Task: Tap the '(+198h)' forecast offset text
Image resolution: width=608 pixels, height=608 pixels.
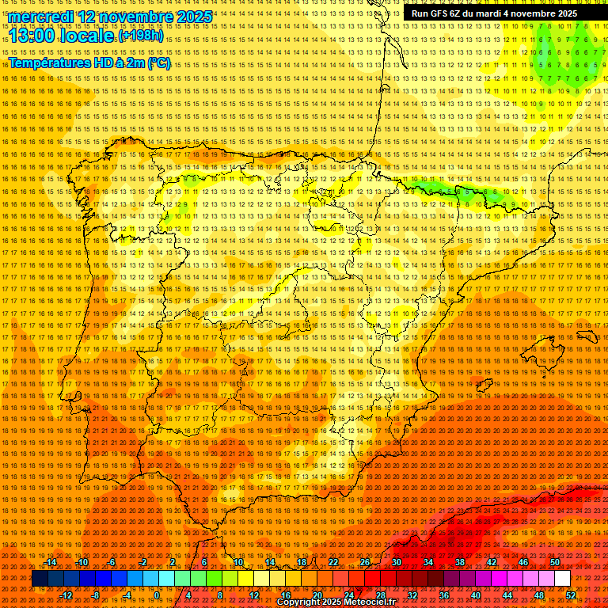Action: pyautogui.click(x=140, y=36)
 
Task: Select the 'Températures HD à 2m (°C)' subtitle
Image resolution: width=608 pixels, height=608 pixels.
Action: pyautogui.click(x=89, y=63)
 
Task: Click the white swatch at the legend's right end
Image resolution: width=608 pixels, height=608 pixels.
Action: pyautogui.click(x=562, y=579)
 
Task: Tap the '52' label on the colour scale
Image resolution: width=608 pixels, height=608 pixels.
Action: pyautogui.click(x=571, y=595)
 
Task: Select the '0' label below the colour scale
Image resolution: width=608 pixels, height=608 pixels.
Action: pyautogui.click(x=157, y=595)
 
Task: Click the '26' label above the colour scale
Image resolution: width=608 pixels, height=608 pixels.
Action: pyautogui.click(x=365, y=562)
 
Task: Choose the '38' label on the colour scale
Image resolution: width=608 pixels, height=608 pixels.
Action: pyautogui.click(x=459, y=562)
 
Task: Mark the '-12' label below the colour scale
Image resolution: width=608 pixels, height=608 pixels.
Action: pyautogui.click(x=66, y=595)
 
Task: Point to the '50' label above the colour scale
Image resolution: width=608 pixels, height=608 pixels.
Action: pyautogui.click(x=554, y=562)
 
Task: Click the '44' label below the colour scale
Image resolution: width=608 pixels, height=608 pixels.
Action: pyautogui.click(x=507, y=595)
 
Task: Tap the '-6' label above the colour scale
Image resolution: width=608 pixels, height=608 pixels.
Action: pyautogui.click(x=113, y=562)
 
